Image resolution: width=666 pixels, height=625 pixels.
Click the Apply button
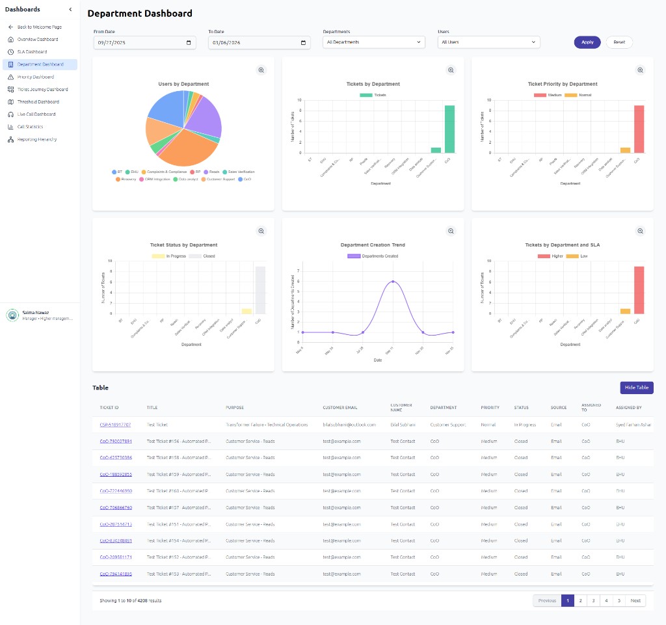tap(587, 42)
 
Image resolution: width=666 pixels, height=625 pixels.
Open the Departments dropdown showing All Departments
tap(374, 42)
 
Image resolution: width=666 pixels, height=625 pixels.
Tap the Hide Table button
tap(636, 388)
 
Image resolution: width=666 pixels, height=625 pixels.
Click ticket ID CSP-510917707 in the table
tap(115, 425)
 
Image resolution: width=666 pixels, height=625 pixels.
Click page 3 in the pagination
tap(593, 601)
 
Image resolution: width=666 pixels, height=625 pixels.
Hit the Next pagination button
tap(635, 601)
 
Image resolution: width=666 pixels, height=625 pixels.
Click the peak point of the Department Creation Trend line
tap(392, 282)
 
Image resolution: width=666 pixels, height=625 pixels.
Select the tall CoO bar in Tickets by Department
tap(449, 129)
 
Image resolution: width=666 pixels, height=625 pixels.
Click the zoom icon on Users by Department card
tap(261, 70)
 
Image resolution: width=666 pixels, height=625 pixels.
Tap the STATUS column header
tap(521, 408)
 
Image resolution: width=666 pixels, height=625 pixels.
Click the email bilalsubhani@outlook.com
tap(349, 425)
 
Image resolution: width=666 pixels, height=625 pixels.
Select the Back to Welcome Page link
tap(39, 27)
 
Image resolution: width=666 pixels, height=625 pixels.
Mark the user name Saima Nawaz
tap(36, 313)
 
